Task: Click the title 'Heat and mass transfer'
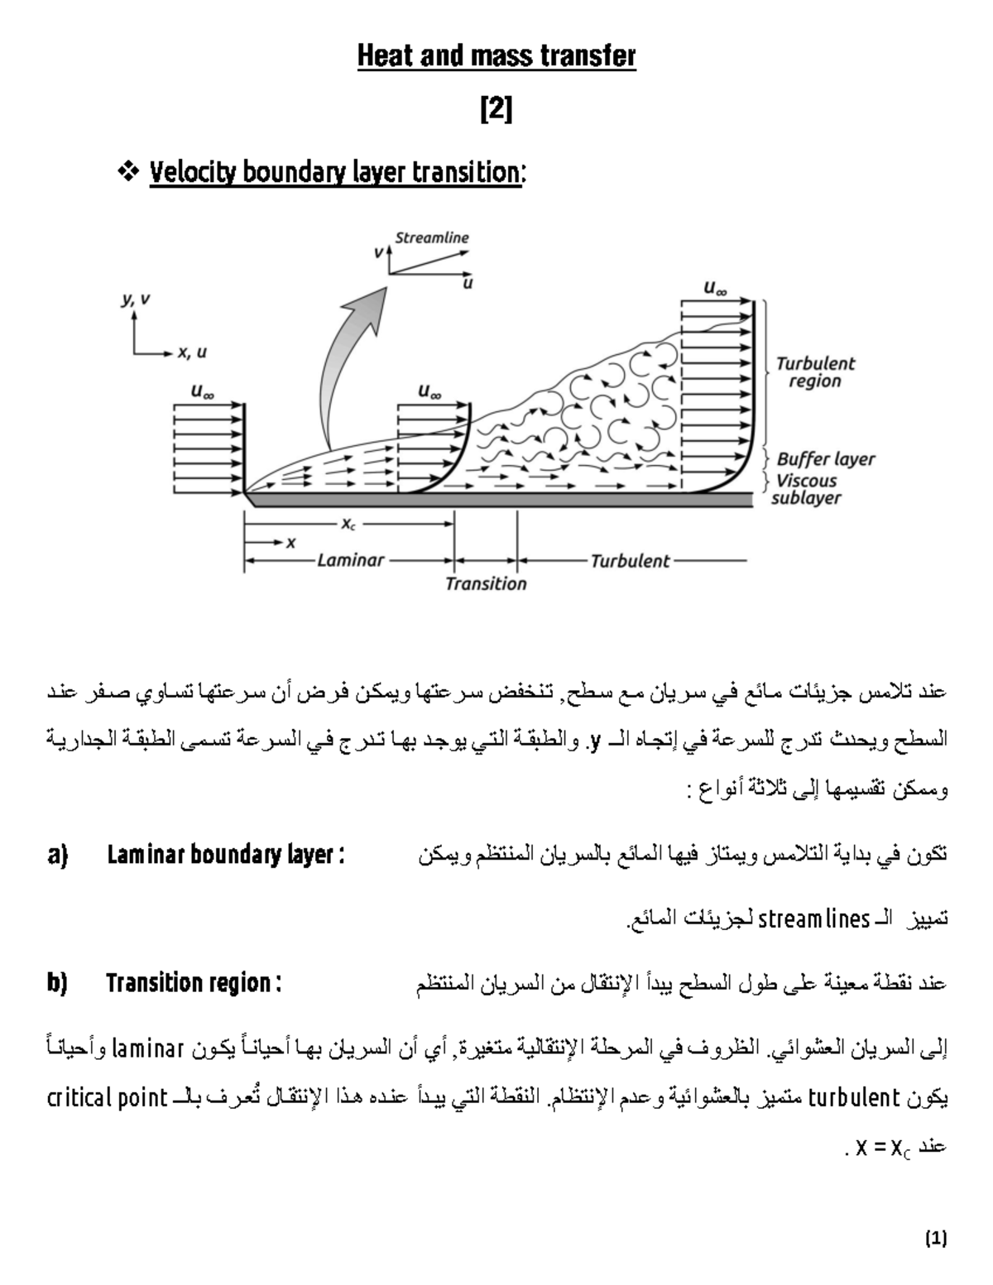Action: pos(496,56)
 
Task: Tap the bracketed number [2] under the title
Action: pos(496,110)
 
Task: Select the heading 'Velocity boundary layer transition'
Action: pos(335,173)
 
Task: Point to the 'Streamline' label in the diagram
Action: pos(431,237)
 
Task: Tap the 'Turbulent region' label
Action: pos(815,372)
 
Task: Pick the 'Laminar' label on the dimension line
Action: pos(350,560)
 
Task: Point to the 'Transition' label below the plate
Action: pos(486,584)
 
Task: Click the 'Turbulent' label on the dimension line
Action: pos(630,561)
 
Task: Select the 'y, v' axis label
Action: pos(137,300)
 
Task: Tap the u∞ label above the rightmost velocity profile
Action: pos(715,289)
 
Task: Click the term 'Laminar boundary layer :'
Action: pos(225,854)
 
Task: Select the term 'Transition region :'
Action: pos(194,983)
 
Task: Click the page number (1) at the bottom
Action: pos(936,1239)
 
